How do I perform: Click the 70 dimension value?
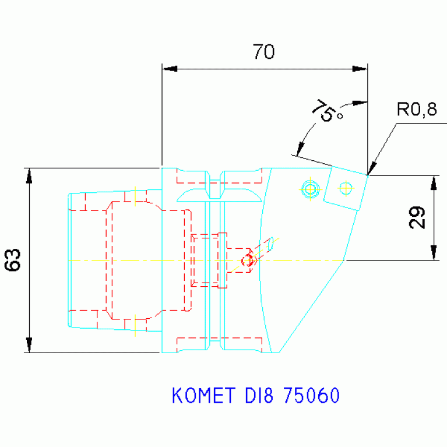(x=263, y=52)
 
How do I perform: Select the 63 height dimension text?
(x=13, y=260)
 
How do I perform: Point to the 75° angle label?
(x=328, y=111)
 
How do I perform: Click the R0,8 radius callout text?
(x=416, y=110)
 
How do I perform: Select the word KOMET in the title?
(x=202, y=396)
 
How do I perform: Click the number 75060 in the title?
(x=310, y=396)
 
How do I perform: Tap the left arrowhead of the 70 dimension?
(x=169, y=69)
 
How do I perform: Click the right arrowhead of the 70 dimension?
(x=360, y=69)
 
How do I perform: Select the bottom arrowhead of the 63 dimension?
(x=29, y=346)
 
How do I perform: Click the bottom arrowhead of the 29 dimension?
(x=434, y=253)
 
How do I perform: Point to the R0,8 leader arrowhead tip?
(x=369, y=173)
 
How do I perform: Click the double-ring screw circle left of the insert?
(x=310, y=188)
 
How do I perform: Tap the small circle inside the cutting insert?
(x=346, y=188)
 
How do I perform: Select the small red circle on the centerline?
(x=248, y=260)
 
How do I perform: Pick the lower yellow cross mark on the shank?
(x=135, y=325)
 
